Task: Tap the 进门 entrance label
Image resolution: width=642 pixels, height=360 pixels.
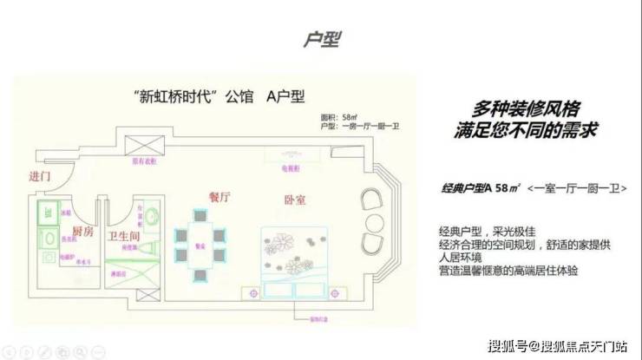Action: coord(40,177)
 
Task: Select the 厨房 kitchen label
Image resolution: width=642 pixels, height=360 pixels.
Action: coord(82,232)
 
